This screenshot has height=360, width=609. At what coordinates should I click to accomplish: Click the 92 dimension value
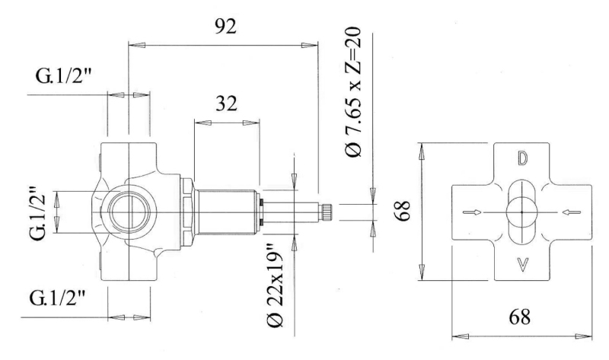point(225,27)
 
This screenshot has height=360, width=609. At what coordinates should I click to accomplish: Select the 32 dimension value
point(226,104)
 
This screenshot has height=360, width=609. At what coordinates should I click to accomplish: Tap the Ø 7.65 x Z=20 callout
point(353,91)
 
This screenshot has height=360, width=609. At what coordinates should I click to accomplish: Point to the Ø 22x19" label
point(276,285)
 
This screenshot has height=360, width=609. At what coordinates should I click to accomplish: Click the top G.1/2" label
point(63,75)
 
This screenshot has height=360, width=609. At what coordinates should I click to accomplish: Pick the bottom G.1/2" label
point(57,298)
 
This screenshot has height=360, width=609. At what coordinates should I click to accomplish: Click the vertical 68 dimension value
point(403,211)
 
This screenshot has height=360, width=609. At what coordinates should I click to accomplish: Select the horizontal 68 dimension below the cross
point(520,317)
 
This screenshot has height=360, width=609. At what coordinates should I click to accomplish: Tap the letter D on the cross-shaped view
point(522,158)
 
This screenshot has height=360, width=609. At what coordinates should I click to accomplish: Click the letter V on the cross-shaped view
point(523,264)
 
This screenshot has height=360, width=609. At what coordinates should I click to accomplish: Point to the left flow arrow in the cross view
point(472,212)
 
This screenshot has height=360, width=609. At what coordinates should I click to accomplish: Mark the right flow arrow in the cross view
point(572,212)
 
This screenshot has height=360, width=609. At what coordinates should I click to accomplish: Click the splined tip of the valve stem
point(326,212)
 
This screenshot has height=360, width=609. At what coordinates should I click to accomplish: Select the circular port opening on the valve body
point(129,212)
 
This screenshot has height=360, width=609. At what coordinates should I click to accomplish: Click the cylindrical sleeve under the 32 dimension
point(226,212)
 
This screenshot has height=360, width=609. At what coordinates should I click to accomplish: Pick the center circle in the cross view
point(521,212)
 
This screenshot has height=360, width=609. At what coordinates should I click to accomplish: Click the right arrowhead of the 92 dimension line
point(310,46)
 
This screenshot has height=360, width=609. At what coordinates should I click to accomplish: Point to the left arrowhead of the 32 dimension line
point(202,123)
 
